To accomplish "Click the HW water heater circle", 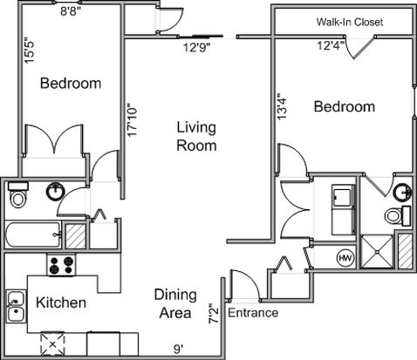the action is click(x=346, y=258).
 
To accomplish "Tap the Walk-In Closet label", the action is click(x=350, y=22).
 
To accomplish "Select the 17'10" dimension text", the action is click(x=132, y=120).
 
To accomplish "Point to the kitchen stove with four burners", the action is click(x=61, y=265).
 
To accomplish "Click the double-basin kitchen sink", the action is click(x=17, y=306).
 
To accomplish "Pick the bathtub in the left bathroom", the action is click(x=33, y=234).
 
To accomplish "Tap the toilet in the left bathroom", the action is click(x=18, y=194).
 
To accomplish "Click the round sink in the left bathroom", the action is click(x=56, y=192).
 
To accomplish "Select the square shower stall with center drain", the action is click(x=377, y=251).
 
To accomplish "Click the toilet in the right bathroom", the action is click(x=397, y=215).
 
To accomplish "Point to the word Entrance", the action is click(x=253, y=313).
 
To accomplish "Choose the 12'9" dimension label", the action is click(x=196, y=47).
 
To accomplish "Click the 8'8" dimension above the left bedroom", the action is click(x=71, y=11).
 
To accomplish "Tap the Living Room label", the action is click(x=196, y=136).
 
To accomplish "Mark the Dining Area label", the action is click(x=175, y=303).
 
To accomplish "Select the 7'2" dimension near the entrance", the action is click(x=214, y=313).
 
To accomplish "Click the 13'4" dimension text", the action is click(x=282, y=106).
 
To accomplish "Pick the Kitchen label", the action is click(x=61, y=302).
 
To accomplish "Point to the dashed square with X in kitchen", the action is click(x=52, y=344).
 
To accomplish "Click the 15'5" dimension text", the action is click(x=29, y=50).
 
